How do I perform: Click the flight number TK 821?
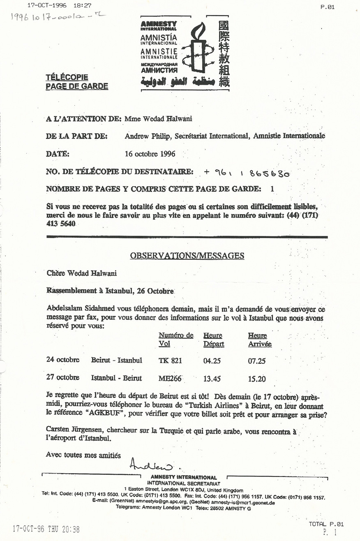pyautogui.click(x=170, y=361)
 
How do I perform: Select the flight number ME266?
pyautogui.click(x=170, y=378)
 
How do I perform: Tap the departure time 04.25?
pyautogui.click(x=212, y=361)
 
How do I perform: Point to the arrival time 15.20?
pyautogui.click(x=257, y=378)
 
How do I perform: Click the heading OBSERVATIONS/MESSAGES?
pyautogui.click(x=187, y=256)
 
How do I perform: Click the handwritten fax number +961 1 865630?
pyautogui.click(x=247, y=173)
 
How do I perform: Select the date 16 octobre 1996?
pyautogui.click(x=150, y=154)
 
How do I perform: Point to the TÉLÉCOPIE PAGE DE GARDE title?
pyautogui.click(x=77, y=82)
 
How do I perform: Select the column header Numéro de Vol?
pyautogui.click(x=176, y=340)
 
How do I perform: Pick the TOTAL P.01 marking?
pyautogui.click(x=326, y=524)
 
